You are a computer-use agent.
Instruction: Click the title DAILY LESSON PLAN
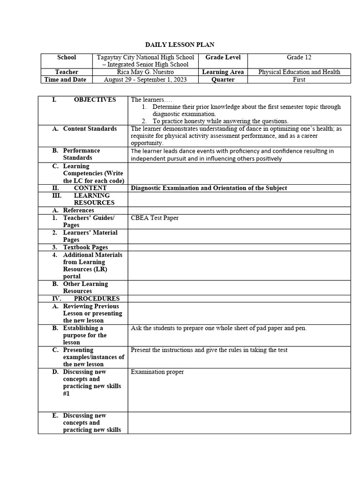(180, 45)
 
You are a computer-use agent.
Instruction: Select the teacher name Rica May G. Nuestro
(145, 72)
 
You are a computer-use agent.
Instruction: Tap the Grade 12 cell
(299, 57)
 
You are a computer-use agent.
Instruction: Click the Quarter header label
(223, 80)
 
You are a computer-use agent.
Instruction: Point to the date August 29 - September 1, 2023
(145, 80)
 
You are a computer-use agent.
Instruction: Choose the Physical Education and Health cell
(299, 72)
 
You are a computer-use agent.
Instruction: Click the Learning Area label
(223, 72)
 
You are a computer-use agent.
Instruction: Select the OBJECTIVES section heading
(95, 100)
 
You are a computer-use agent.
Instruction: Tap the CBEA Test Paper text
(155, 218)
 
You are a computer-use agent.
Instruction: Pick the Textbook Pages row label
(85, 247)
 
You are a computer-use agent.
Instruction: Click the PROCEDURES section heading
(97, 299)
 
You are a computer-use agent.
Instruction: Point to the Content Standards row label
(90, 129)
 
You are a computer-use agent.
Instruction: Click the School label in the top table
(67, 57)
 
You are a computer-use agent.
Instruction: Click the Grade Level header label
(223, 57)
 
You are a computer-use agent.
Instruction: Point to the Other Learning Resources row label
(85, 287)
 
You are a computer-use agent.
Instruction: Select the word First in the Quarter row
(299, 80)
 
